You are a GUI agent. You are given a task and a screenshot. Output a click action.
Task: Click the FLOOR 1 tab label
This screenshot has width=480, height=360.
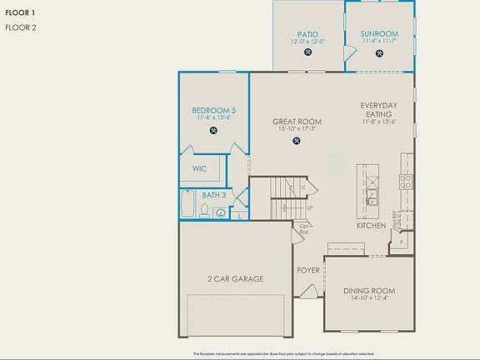pos(20,13)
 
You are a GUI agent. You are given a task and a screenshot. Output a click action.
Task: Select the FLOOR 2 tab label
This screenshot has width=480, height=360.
pos(21,27)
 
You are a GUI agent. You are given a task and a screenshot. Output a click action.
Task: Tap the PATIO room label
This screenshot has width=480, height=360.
pos(307,35)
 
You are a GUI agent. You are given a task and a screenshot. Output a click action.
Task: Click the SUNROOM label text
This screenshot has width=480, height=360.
pos(379,34)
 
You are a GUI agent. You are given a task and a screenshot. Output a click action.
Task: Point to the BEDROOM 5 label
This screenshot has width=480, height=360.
pos(213,111)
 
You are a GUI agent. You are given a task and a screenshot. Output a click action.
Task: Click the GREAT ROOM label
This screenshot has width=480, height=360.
pos(297,122)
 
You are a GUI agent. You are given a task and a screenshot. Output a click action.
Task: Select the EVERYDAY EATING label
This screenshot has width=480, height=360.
pos(378,110)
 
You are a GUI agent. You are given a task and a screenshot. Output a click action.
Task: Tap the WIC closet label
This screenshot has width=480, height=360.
pos(200,168)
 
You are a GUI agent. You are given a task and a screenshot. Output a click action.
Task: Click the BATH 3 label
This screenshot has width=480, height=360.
pos(212,195)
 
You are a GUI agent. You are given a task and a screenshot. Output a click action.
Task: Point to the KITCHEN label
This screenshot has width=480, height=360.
pos(372,226)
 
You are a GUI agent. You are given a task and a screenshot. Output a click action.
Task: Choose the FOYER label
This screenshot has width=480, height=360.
pos(308,271)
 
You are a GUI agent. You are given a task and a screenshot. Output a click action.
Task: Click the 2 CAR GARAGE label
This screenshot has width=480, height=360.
pos(235,279)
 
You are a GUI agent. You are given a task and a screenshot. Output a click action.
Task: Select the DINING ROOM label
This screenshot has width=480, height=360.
pos(369,291)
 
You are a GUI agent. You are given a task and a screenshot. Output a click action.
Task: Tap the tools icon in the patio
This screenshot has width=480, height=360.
pos(307,52)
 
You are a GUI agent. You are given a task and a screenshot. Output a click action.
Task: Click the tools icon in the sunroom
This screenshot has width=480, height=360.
pos(379,52)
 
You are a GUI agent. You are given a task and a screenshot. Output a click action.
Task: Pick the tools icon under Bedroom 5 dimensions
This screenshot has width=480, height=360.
pos(213,130)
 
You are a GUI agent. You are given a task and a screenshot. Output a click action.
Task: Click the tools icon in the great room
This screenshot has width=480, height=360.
pos(297,141)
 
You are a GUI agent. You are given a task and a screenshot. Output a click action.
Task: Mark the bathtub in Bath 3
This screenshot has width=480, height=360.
pos(189,205)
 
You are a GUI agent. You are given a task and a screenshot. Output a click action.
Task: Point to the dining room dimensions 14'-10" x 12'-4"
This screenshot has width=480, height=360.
pos(369,298)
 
